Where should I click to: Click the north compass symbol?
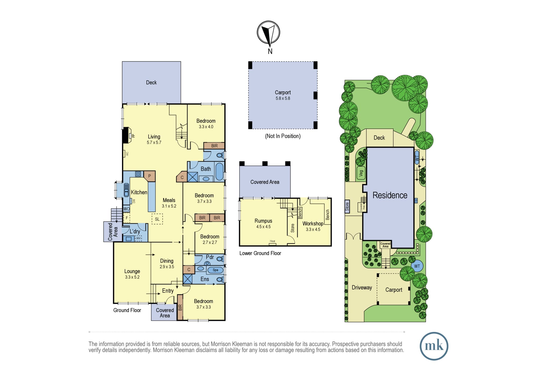pyautogui.click(x=268, y=33)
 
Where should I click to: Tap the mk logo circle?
pyautogui.click(x=434, y=346)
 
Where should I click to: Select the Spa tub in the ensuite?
pyautogui.click(x=215, y=270)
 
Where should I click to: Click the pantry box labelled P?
pyautogui.click(x=150, y=176)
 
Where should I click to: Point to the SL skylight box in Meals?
pyautogui.click(x=157, y=219)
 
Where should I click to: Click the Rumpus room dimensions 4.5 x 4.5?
pyautogui.click(x=263, y=227)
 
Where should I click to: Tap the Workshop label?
pyautogui.click(x=313, y=224)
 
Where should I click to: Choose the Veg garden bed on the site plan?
pyautogui.click(x=361, y=174)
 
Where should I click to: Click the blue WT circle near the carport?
pyautogui.click(x=417, y=266)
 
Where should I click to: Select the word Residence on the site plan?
pyautogui.click(x=390, y=195)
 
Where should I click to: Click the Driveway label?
pyautogui.click(x=362, y=288)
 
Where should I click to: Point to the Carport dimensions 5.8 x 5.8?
pyautogui.click(x=283, y=98)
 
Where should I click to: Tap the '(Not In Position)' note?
pyautogui.click(x=283, y=136)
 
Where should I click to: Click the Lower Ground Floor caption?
pyautogui.click(x=260, y=253)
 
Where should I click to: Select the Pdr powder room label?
pyautogui.click(x=210, y=257)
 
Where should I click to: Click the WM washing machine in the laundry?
pyautogui.click(x=138, y=238)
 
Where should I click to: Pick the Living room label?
pyautogui.click(x=154, y=137)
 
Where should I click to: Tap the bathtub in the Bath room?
pyautogui.click(x=219, y=171)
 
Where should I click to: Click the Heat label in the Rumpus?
pyautogui.click(x=273, y=241)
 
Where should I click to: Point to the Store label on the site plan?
pyautogui.click(x=347, y=207)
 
